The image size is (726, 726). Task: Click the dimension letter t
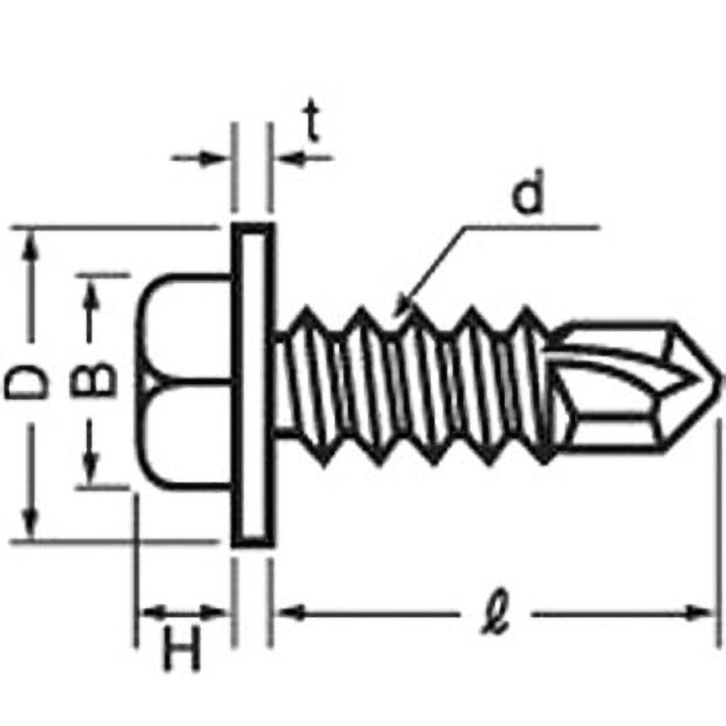click(312, 121)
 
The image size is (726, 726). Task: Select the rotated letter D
click(26, 382)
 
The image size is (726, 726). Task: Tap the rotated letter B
click(93, 379)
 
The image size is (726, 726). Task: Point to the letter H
click(182, 649)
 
